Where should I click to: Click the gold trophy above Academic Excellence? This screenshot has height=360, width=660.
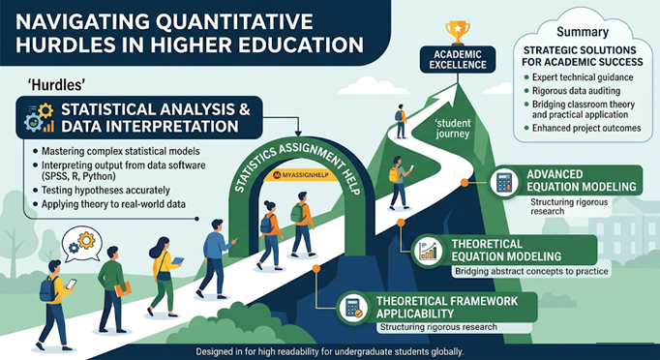458,33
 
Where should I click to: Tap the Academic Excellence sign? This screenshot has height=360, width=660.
458,59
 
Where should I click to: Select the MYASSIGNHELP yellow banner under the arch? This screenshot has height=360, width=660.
300,175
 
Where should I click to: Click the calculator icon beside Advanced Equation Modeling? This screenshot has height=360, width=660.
504,182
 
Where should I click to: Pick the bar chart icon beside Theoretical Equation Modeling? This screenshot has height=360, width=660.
427,251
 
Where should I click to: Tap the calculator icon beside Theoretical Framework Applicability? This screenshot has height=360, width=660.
352,308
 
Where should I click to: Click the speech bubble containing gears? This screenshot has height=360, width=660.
82,243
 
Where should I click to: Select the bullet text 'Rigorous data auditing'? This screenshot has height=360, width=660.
576,91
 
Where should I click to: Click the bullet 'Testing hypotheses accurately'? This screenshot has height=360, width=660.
105,191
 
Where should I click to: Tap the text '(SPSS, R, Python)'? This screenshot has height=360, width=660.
78,176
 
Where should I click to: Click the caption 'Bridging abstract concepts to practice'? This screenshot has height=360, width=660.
531,272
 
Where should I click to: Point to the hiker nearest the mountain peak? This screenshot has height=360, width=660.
401,121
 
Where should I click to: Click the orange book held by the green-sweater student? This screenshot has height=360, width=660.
123,288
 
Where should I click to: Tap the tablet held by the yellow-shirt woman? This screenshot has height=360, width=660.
178,260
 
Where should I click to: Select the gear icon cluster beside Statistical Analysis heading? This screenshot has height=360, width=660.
39,117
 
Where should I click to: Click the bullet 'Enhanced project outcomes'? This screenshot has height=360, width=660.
586,128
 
